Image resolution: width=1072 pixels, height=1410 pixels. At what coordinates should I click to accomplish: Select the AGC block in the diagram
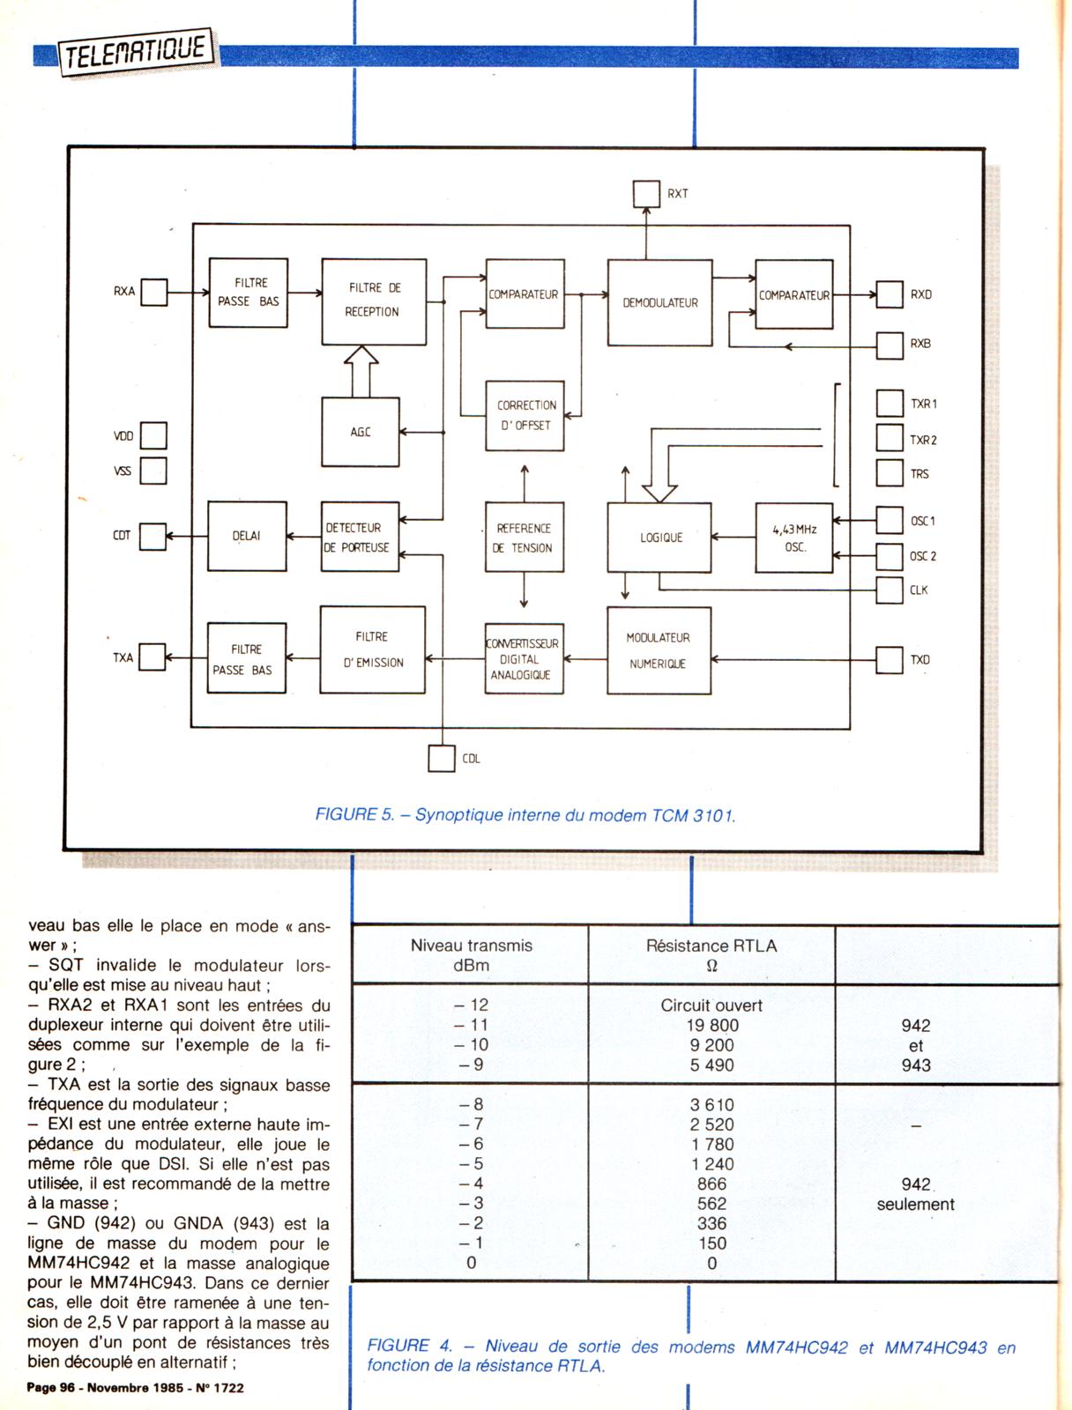tap(361, 432)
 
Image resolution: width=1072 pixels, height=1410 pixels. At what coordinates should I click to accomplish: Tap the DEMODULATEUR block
tap(659, 302)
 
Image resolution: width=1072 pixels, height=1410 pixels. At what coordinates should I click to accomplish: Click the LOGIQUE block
tap(659, 538)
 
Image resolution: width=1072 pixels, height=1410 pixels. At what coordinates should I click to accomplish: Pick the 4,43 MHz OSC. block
tap(794, 538)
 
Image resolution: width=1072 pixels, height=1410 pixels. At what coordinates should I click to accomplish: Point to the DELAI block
tap(247, 536)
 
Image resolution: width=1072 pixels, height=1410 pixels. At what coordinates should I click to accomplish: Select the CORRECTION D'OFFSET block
tap(525, 415)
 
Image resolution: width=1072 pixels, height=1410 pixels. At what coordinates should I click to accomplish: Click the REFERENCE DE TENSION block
tap(525, 538)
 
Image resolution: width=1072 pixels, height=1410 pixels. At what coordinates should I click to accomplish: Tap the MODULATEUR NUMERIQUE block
tap(659, 650)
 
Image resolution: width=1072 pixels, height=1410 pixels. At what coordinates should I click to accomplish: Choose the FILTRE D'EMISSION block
tap(373, 649)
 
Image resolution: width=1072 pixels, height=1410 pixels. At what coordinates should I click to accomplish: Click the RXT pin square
tap(646, 194)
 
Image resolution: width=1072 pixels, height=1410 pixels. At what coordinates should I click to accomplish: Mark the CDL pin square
tap(441, 758)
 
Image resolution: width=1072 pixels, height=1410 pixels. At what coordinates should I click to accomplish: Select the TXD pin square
tap(890, 659)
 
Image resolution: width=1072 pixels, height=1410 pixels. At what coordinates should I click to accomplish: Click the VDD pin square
tap(153, 435)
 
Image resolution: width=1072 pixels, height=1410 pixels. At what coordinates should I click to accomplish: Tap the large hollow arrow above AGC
tap(361, 370)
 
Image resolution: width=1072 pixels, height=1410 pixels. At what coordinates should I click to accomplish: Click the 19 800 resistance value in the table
tap(712, 1025)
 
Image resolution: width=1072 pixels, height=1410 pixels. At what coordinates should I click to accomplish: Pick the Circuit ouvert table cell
tap(711, 1006)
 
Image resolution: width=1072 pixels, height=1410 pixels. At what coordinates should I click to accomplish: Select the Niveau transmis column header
tap(472, 955)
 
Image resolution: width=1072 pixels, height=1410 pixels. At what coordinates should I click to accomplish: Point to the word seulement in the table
tap(915, 1205)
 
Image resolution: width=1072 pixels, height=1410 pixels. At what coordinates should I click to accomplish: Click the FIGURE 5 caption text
tap(525, 815)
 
